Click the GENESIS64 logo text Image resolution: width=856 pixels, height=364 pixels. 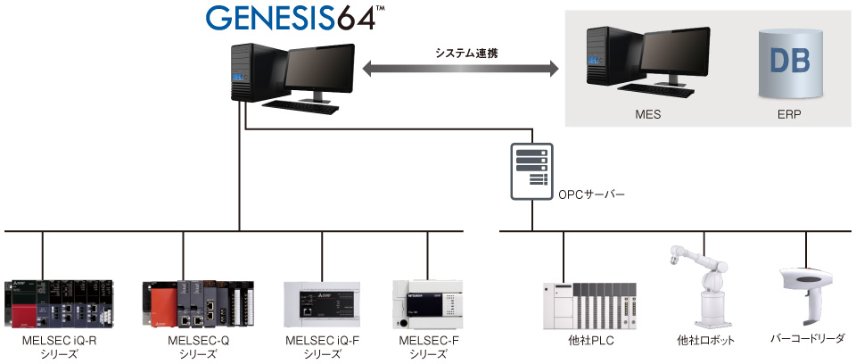tap(280, 19)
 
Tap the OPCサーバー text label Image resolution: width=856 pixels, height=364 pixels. tap(594, 193)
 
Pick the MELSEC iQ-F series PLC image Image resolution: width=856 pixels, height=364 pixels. tap(322, 302)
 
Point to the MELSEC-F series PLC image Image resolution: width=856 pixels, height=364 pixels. tap(426, 302)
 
